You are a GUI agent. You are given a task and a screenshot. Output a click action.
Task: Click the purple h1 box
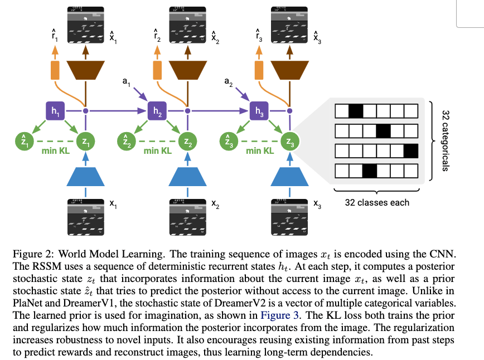55,111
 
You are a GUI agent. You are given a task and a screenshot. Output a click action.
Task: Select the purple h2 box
157,111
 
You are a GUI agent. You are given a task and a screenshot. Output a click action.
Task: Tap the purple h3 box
259,111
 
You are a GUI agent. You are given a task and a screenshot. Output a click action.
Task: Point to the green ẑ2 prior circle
127,141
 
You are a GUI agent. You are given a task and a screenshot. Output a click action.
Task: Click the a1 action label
125,82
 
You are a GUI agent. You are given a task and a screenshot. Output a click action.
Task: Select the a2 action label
228,82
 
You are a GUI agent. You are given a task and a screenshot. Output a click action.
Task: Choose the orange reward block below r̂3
259,70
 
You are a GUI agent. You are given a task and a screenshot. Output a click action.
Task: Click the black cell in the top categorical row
355,110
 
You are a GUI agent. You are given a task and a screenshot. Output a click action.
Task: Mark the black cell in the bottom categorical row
369,171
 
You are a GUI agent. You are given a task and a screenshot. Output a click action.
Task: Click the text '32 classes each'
376,202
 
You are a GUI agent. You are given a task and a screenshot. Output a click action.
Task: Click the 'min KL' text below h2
157,151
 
